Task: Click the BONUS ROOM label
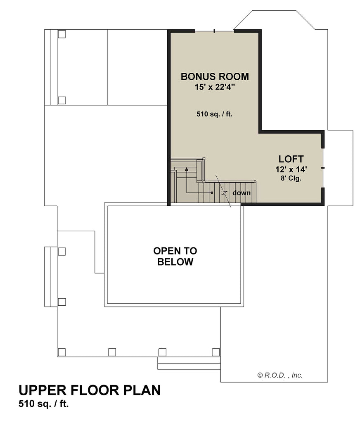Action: pos(215,76)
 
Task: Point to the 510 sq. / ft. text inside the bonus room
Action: pos(214,114)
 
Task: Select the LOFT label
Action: pos(291,159)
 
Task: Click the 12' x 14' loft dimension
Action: pos(291,169)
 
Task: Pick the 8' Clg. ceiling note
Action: pos(291,178)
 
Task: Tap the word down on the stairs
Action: pos(242,193)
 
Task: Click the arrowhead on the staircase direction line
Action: pos(186,169)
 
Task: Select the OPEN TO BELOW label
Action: pos(175,256)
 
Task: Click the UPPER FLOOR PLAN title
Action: pos(90,390)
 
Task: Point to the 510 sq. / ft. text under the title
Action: pos(43,404)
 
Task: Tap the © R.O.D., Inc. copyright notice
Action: pos(280,375)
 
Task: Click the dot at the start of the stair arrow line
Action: pos(212,192)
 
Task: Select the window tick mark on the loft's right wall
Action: pos(323,168)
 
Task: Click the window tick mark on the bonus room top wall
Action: pos(214,31)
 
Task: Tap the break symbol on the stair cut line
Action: pos(223,193)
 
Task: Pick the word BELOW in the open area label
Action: pos(175,262)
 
